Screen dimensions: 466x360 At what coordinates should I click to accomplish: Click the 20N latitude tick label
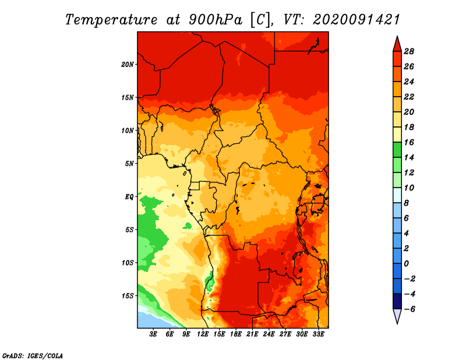point(127,64)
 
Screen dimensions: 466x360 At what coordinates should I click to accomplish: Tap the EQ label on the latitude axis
point(129,196)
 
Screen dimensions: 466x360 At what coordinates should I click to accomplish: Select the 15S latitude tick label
point(127,296)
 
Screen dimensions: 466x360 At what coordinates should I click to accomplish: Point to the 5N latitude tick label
point(129,164)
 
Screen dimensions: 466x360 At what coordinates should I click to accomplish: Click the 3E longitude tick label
point(153,334)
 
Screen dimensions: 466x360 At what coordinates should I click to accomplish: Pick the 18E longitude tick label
point(236,334)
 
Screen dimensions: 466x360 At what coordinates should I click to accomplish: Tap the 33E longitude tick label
point(318,334)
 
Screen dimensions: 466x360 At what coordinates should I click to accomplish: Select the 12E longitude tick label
point(203,334)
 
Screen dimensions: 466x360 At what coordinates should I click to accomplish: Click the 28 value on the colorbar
point(409,51)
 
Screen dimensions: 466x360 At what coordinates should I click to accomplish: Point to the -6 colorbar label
point(409,309)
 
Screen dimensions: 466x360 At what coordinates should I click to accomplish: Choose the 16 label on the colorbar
point(409,142)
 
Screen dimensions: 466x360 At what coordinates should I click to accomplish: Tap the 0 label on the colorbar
point(406,264)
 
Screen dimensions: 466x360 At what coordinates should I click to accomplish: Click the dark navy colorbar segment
point(397,301)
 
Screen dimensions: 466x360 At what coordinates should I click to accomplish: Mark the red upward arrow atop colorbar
point(397,44)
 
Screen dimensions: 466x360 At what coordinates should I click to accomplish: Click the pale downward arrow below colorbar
point(397,316)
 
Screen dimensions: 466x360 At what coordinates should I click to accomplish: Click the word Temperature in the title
point(111,20)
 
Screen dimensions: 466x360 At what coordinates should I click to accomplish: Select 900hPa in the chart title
point(215,20)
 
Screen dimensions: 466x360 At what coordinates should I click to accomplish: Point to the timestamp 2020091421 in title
point(356,20)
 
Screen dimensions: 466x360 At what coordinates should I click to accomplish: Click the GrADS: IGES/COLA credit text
point(33,355)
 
